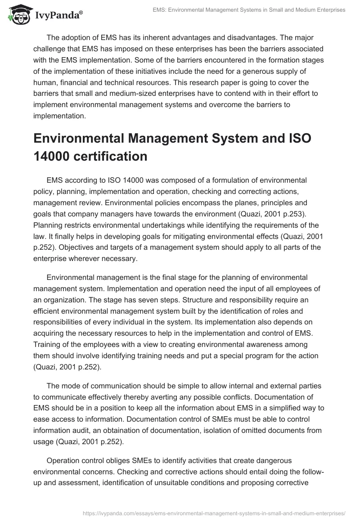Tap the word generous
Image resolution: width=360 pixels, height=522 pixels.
click(x=269, y=72)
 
